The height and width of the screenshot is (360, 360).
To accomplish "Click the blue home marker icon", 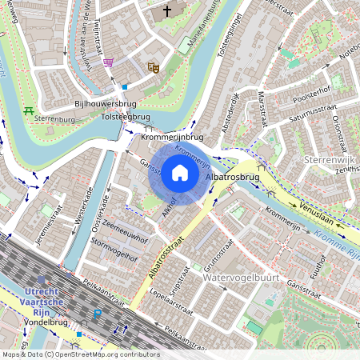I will tap(180, 172).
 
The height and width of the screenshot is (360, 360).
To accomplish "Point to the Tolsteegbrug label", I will tap(126, 117).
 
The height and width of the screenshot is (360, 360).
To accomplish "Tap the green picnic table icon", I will tap(30, 110).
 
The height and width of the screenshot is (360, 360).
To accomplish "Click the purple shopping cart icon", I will tap(108, 62).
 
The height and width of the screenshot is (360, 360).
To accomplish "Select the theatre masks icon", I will tap(154, 68).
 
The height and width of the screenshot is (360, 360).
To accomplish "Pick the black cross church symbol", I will tap(167, 11).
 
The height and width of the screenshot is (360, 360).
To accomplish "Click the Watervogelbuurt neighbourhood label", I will tap(239, 278).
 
